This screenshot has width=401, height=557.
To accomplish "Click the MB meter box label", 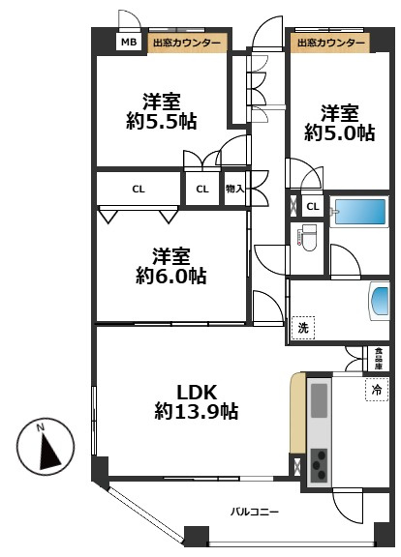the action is (x=129, y=43).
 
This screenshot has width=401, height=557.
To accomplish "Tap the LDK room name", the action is (x=197, y=393).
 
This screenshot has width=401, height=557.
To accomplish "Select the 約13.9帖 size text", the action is (x=197, y=412).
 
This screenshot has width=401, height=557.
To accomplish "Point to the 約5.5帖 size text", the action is (x=161, y=122).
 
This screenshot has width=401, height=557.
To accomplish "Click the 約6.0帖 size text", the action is (x=170, y=276).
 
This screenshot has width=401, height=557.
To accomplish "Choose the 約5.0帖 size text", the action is (x=339, y=133).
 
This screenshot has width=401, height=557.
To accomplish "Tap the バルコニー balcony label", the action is (x=255, y=512).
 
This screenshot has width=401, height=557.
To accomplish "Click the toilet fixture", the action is (x=307, y=238).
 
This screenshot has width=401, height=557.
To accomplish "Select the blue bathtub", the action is (x=360, y=212).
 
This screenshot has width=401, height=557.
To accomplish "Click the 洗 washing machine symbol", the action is (x=303, y=328).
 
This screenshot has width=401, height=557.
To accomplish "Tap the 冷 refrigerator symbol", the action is (x=377, y=390).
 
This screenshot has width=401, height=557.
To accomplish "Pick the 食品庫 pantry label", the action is (x=378, y=359).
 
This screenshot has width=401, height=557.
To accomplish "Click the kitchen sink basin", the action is (x=320, y=400).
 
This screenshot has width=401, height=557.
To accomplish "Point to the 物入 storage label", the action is (x=234, y=189).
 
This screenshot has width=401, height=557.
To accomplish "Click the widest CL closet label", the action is (x=139, y=190).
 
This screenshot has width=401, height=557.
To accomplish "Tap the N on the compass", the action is (x=42, y=427).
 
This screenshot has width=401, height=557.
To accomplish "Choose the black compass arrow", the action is (x=49, y=452).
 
